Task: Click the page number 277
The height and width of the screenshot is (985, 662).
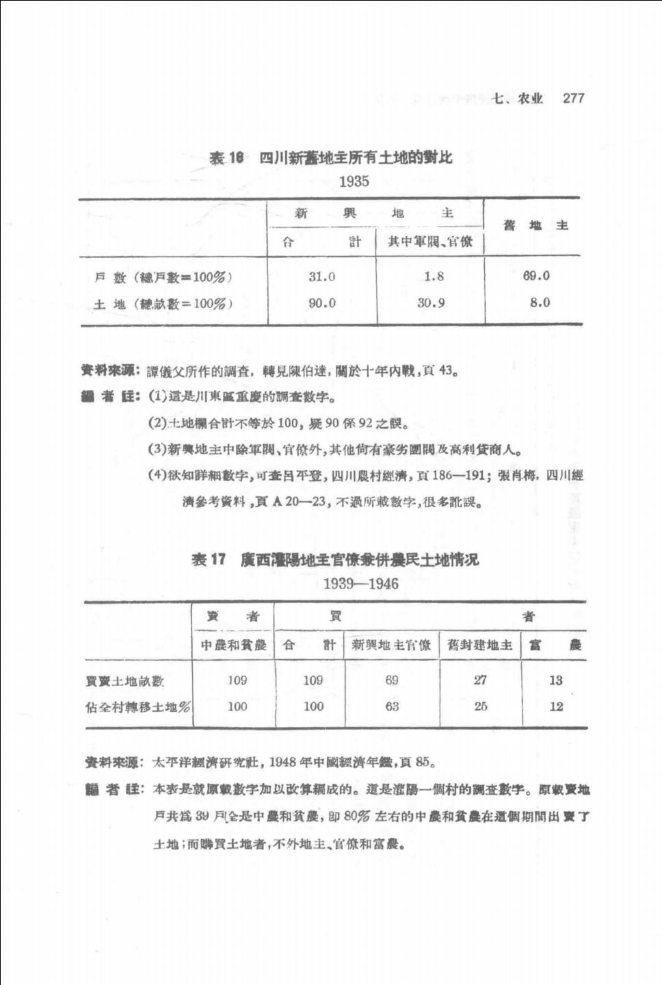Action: tap(573, 98)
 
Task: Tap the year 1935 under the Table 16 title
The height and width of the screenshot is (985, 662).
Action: tap(354, 181)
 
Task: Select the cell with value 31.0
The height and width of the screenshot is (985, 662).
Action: tap(321, 277)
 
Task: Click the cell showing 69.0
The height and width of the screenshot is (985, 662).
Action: tap(536, 276)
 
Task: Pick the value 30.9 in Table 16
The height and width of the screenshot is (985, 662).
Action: tap(431, 303)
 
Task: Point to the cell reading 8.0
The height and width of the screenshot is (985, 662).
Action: tap(540, 303)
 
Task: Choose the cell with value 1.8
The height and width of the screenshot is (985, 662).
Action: tap(434, 277)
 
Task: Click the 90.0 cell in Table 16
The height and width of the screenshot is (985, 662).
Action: tap(321, 303)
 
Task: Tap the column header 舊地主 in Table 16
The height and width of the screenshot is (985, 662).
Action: tap(535, 226)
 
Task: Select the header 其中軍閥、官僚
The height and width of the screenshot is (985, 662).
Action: tap(430, 242)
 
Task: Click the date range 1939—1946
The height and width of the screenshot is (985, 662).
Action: tap(360, 584)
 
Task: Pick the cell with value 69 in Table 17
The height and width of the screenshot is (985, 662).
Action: tap(392, 680)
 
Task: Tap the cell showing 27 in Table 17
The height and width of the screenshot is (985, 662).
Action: tap(480, 680)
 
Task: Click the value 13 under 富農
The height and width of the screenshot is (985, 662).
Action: tap(555, 680)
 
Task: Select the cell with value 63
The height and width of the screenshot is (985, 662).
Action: tap(392, 706)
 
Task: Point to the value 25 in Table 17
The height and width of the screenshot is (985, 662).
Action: tap(480, 706)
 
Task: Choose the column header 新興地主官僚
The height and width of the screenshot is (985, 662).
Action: tap(391, 645)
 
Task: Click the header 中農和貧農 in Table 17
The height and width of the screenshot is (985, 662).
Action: tap(233, 645)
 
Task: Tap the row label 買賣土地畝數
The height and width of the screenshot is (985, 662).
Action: tap(125, 680)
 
